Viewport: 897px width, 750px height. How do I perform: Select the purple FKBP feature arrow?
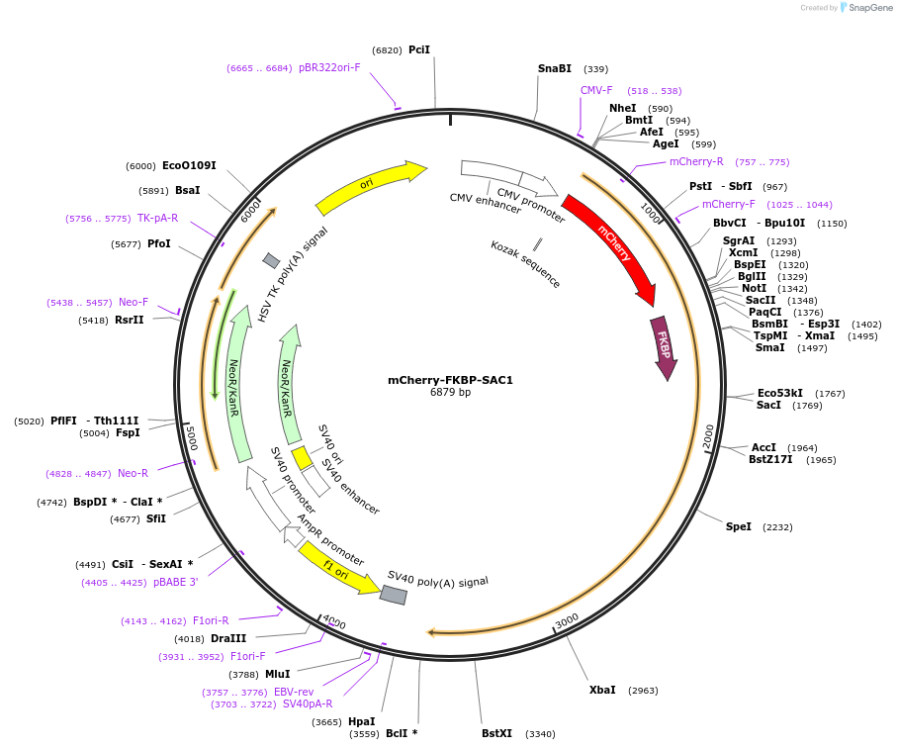(x=664, y=347)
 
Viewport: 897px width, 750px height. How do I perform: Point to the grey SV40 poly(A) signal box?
(x=394, y=595)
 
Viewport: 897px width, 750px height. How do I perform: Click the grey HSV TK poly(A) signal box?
(x=271, y=260)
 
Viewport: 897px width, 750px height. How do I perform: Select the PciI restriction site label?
(x=419, y=49)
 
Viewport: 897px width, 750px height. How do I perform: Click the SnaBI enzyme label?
(x=555, y=68)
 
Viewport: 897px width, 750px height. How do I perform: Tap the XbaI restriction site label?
(x=602, y=690)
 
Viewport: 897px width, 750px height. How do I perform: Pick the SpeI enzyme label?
(x=739, y=526)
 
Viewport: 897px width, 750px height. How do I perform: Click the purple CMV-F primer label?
(x=596, y=90)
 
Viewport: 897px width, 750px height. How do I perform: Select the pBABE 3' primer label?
(x=175, y=582)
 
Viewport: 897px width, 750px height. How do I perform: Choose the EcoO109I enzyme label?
(x=189, y=165)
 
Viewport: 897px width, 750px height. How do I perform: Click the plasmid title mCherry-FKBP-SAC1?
(x=450, y=380)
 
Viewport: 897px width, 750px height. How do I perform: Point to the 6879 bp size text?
(x=450, y=393)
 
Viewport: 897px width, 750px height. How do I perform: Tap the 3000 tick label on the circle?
(x=567, y=620)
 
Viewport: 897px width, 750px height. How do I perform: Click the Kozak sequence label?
(x=525, y=264)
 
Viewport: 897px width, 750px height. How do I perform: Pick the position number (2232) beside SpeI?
(x=777, y=527)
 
